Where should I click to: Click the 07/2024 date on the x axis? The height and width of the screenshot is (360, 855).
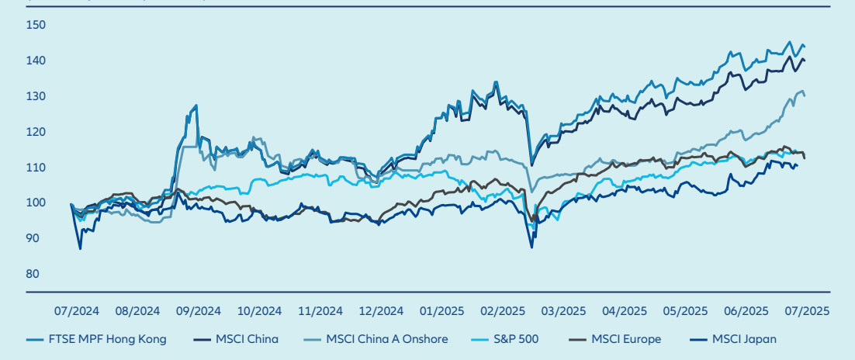tap(75, 310)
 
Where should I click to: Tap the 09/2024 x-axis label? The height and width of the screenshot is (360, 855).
tap(198, 310)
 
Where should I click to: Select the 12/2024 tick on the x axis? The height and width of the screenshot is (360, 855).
tap(381, 310)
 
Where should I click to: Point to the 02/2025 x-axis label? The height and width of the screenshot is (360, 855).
tap(503, 310)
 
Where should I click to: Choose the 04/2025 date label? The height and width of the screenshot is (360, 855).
tap(625, 310)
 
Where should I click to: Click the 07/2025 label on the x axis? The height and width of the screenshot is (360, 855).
tap(808, 310)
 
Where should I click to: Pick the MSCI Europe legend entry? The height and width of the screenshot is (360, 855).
tap(622, 339)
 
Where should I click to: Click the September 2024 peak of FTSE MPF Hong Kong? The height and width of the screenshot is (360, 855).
tap(196, 105)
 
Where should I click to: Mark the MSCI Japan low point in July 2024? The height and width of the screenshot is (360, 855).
tap(80, 248)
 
